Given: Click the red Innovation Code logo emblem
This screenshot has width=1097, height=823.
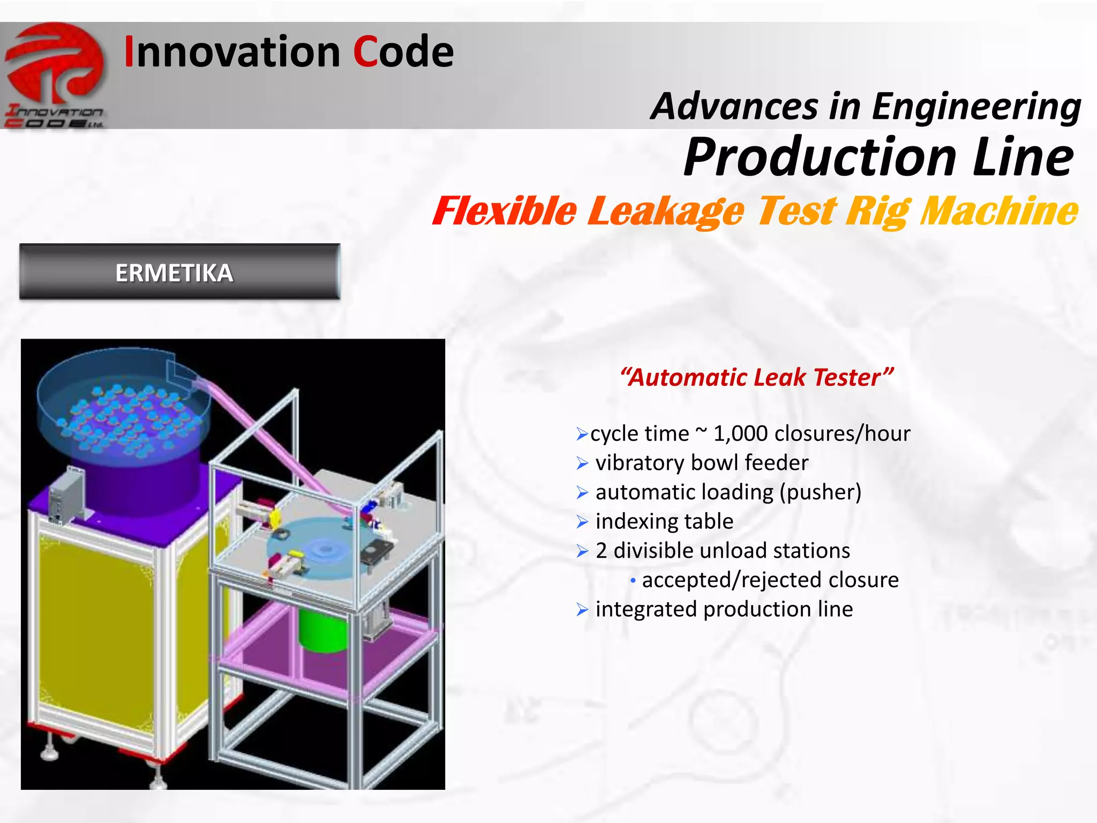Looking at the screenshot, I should pos(55,63).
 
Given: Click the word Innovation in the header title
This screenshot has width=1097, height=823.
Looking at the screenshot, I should pos(232,52).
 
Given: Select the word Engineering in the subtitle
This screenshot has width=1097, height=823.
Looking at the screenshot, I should pos(976,106).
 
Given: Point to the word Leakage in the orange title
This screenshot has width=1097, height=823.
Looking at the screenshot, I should pos(666,211).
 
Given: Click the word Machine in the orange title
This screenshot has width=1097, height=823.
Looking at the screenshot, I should pos(998,211).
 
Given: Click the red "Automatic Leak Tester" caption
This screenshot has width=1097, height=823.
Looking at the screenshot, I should pos(756,377).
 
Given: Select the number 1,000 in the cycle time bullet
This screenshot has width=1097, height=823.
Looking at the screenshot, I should pos(741,433).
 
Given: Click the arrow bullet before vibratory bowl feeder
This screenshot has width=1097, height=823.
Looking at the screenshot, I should pos(582,463).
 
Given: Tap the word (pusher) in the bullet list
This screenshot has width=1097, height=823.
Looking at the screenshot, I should pos(820,492).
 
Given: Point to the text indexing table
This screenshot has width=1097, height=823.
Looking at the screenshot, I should pos(664,521).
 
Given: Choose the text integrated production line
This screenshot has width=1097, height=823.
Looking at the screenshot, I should pos(724,609).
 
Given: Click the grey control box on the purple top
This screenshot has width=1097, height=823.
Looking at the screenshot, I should pos(65,496).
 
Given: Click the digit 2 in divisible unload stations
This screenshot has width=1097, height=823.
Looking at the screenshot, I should pos(601,551).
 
